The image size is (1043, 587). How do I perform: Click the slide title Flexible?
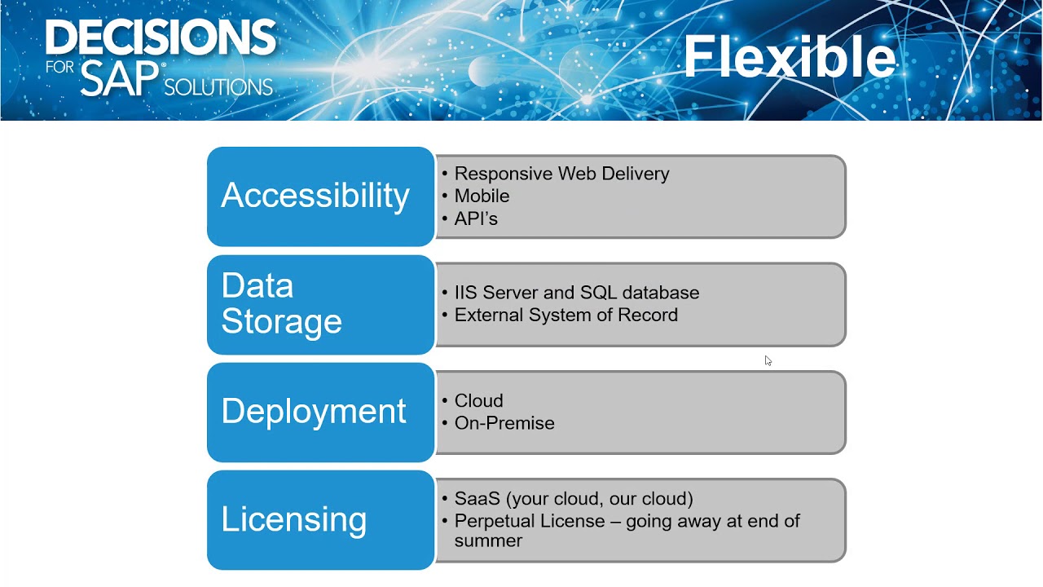(789, 57)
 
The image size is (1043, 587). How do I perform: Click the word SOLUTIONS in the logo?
(218, 86)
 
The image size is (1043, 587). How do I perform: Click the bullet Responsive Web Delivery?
(561, 174)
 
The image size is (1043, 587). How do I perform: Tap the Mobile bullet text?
(482, 196)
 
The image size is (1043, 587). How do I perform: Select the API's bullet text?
(476, 218)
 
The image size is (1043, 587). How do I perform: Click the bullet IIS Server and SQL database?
(576, 293)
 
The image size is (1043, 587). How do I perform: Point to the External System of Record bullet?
(566, 316)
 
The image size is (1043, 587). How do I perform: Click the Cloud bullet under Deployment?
(478, 401)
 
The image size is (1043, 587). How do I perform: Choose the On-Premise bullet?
(504, 423)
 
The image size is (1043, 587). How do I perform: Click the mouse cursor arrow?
(768, 360)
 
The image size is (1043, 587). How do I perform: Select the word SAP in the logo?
(120, 79)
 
